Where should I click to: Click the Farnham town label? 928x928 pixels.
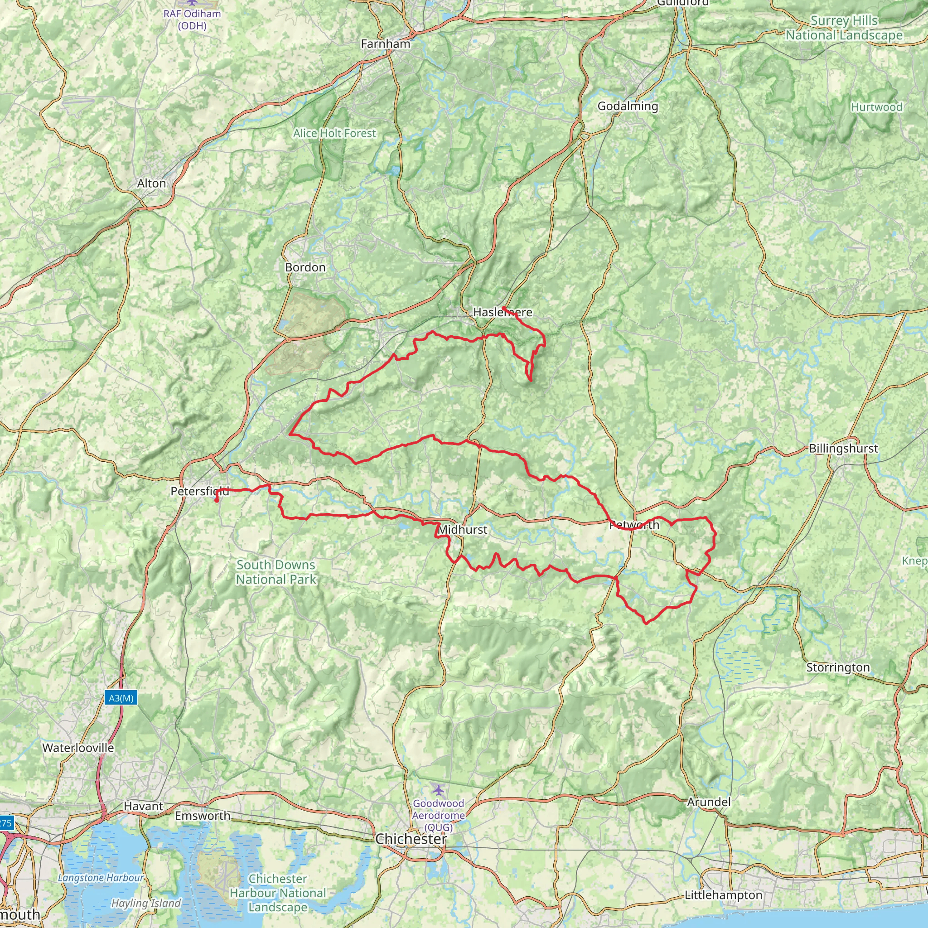pos(385,44)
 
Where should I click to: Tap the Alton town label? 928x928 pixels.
pos(151,184)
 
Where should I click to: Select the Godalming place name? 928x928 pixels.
pos(627,106)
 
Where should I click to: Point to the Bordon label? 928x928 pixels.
pos(305,267)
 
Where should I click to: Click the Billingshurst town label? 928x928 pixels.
pos(843,448)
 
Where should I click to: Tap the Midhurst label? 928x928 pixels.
pos(463,529)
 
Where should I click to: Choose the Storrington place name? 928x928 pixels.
pos(838,667)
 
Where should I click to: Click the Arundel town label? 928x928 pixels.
pos(709,802)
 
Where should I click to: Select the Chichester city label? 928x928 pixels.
pos(411,839)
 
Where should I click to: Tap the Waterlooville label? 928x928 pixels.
pos(78,747)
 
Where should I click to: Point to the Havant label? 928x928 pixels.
pos(143,806)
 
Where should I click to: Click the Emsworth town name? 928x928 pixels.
pos(202,816)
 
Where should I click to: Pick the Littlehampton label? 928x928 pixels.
pos(723,895)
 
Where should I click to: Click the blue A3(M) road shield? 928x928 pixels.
pos(121,698)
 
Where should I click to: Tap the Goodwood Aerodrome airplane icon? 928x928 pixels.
pos(438,790)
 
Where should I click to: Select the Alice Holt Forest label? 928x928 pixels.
pos(334,133)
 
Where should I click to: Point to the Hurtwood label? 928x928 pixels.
pos(876,107)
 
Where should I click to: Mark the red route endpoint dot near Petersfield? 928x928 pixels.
pos(217,501)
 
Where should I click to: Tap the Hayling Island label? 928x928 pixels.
pos(146,903)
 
